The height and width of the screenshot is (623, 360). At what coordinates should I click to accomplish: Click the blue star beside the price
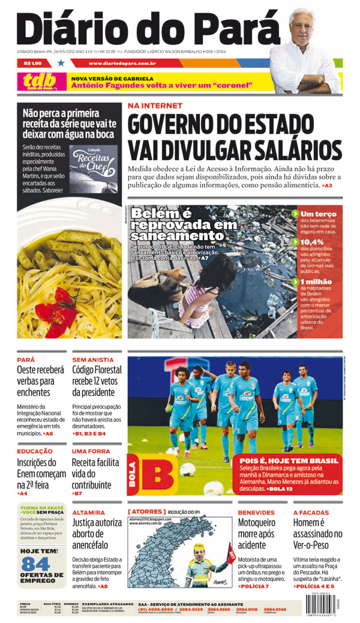pyautogui.click(x=61, y=62)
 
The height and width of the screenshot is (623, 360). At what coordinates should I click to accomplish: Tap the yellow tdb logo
pyautogui.click(x=40, y=80)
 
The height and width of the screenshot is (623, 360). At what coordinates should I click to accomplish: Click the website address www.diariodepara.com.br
pyautogui.click(x=122, y=62)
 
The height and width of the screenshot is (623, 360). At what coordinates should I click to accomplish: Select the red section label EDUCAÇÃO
pyautogui.click(x=34, y=451)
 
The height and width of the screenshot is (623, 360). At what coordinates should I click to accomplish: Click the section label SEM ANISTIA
pyautogui.click(x=89, y=360)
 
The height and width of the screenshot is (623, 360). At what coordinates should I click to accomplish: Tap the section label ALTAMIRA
pyautogui.click(x=89, y=513)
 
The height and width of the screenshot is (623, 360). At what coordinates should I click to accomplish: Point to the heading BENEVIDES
pyautogui.click(x=256, y=513)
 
